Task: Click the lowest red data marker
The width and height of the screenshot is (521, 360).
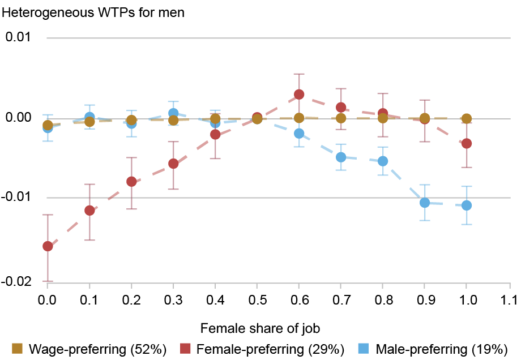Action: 48,246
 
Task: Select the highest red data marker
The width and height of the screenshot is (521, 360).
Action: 299,94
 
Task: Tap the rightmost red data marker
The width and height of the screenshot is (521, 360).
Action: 467,143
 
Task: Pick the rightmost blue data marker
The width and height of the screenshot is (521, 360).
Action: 467,205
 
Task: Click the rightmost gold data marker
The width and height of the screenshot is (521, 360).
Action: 467,118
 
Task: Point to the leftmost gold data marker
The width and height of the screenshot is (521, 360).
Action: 48,125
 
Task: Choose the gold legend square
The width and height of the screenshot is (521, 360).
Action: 17,348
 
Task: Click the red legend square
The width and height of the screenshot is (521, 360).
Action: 185,348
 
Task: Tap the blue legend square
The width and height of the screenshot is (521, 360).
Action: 363,348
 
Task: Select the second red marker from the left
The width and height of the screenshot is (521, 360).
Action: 89,211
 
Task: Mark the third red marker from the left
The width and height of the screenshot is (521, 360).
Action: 131,181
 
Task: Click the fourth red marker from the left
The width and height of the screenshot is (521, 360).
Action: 173,164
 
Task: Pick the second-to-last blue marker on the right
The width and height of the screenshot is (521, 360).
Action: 425,202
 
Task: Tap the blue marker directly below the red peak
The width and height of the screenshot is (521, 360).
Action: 299,133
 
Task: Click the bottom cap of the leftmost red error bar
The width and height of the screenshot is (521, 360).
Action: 48,281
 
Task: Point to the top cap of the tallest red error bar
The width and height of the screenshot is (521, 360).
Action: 299,74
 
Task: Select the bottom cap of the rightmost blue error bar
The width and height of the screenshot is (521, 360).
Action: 467,224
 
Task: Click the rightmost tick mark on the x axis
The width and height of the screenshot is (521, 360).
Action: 510,286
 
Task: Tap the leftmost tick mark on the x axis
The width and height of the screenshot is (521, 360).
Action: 47,286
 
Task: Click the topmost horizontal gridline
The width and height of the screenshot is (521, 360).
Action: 277,38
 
